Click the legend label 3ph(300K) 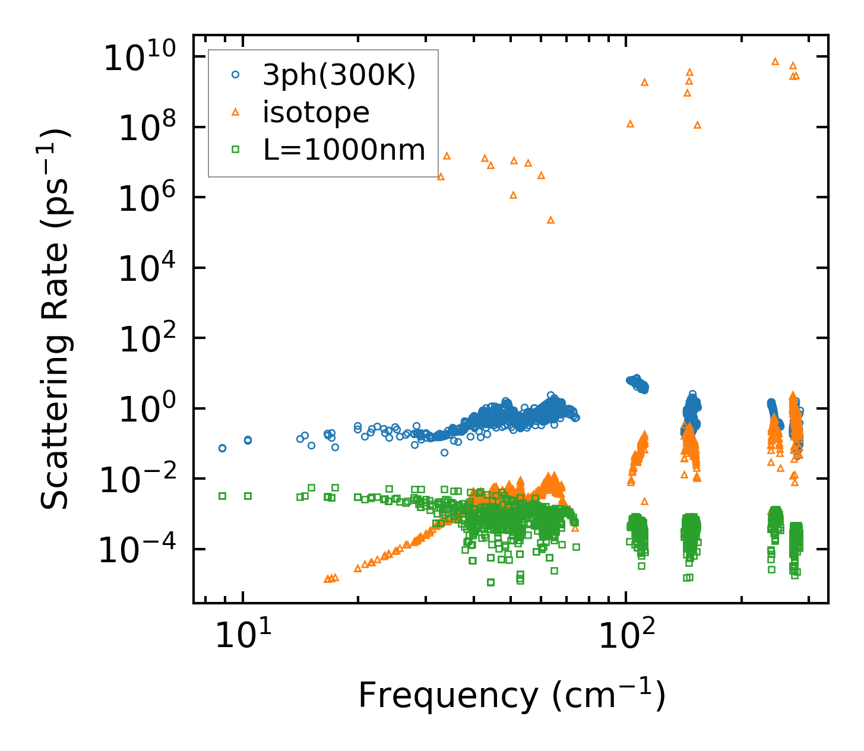339,75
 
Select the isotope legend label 316,112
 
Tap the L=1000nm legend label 344,150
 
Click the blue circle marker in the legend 236,75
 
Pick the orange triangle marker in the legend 236,112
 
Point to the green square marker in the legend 236,150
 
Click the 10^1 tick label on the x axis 242,635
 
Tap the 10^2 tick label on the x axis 625,635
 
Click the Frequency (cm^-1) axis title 511,695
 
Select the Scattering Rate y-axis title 55,319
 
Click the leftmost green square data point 222,496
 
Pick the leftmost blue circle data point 222,448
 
